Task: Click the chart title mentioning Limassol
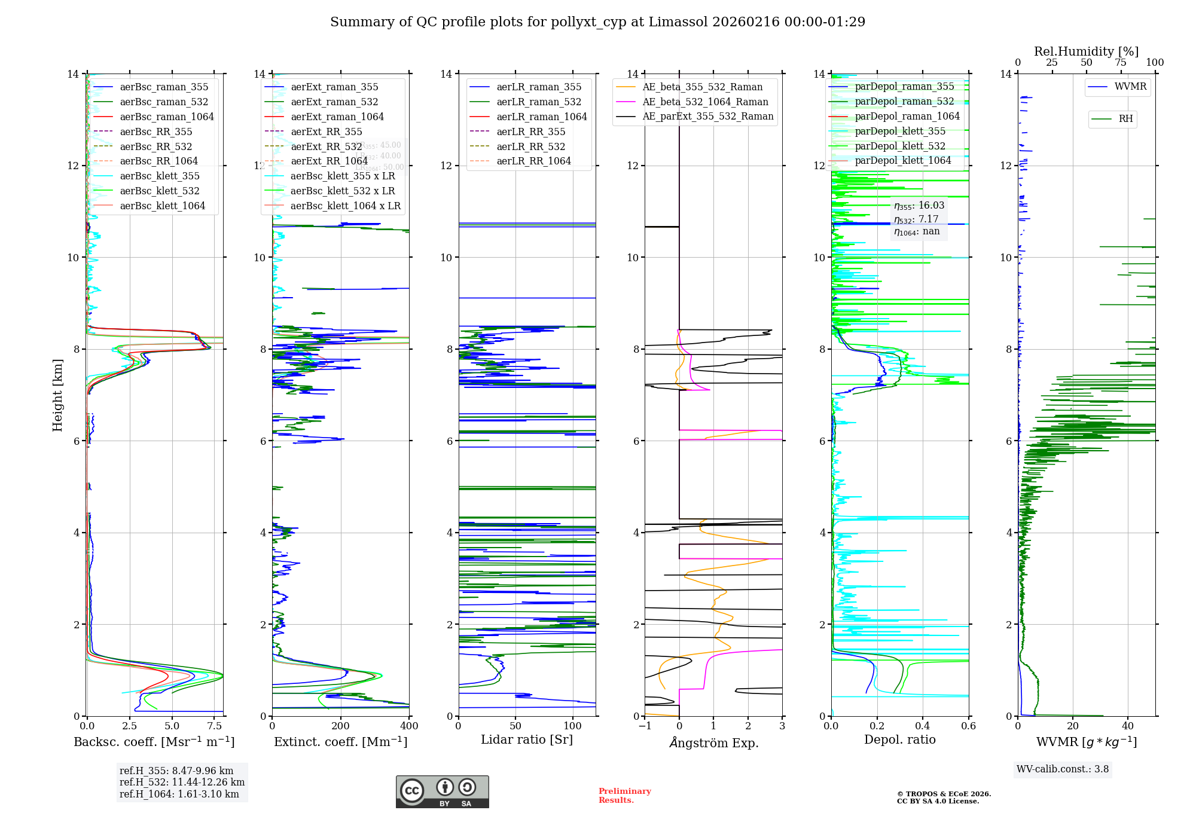(597, 22)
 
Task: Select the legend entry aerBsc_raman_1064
(166, 117)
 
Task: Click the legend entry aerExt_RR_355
(326, 132)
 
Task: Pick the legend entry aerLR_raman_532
(539, 102)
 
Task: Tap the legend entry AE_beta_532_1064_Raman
(705, 102)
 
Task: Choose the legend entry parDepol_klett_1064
(902, 160)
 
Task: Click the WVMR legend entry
(1130, 87)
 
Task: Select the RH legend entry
(1125, 119)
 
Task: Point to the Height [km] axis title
(57, 395)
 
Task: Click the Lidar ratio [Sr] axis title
(527, 739)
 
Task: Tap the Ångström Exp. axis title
(713, 742)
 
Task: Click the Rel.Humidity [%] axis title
(1086, 51)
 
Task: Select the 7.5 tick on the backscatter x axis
(215, 726)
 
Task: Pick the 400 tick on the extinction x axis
(409, 726)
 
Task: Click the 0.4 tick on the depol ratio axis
(923, 726)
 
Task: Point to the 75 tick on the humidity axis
(1121, 63)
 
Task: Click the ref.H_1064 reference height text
(179, 794)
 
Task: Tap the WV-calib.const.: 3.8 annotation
(1063, 769)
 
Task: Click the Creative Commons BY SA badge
(442, 791)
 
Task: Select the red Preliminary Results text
(624, 795)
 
